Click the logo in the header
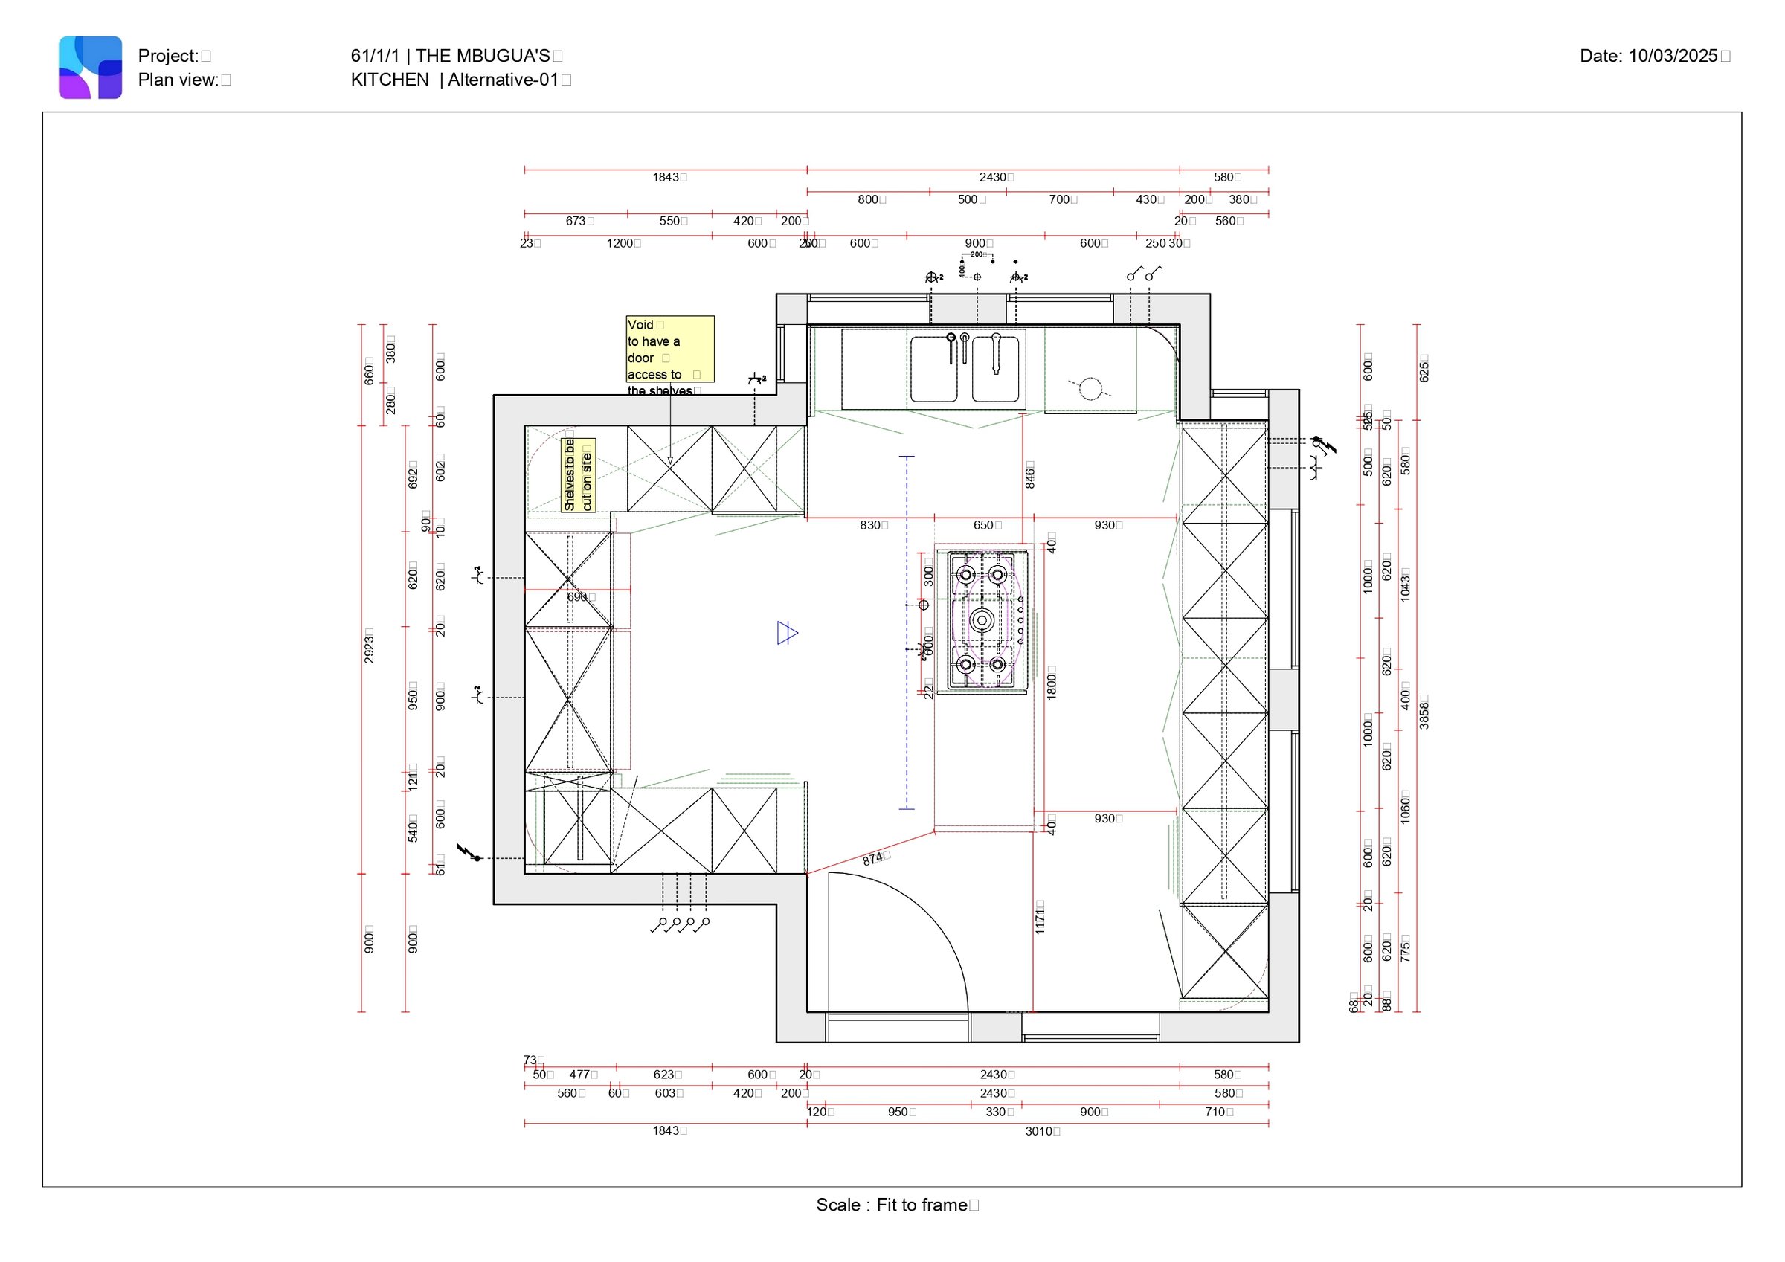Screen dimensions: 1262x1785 point(90,67)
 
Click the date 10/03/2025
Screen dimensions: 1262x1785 point(1672,56)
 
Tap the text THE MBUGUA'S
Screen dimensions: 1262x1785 point(482,56)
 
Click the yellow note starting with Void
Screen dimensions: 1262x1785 point(669,349)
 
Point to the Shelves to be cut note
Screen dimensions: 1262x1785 point(578,475)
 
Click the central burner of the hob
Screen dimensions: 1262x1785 point(982,619)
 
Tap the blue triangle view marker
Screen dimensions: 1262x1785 point(786,633)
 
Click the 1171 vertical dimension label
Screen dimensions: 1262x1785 point(1040,918)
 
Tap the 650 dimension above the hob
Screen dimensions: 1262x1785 point(983,526)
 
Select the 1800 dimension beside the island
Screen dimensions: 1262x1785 point(1051,683)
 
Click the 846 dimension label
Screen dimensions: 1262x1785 point(1030,474)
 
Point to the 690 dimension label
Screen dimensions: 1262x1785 point(578,597)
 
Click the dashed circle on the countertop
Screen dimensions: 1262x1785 point(1090,388)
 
